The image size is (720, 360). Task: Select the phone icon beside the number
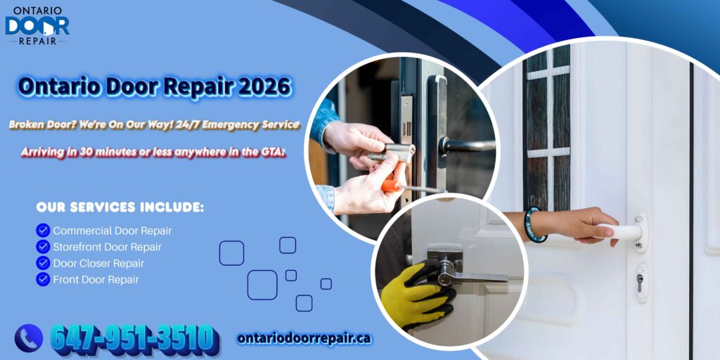point(29,338)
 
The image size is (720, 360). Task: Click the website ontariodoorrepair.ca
point(304,338)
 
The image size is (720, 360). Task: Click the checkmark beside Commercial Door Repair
point(43,230)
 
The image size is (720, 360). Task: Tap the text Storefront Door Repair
point(108,247)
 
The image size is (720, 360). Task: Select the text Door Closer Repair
point(98,263)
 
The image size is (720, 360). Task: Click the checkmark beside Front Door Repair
point(43,279)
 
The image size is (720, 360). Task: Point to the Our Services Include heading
point(120,207)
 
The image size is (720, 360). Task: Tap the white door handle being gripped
point(623,230)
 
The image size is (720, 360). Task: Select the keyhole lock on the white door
point(639,281)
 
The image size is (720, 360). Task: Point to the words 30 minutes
point(117,152)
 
